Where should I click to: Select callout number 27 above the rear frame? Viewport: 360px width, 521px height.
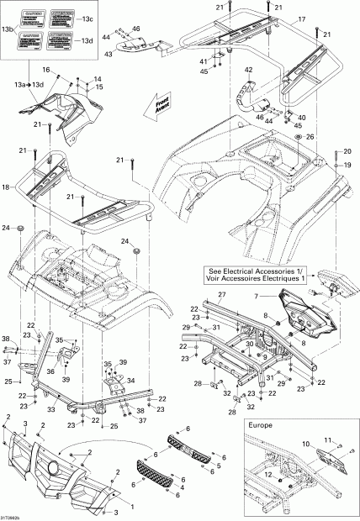point(222,294)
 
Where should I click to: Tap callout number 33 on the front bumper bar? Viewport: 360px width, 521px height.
point(50,410)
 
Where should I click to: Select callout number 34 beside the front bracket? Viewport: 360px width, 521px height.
point(130,381)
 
